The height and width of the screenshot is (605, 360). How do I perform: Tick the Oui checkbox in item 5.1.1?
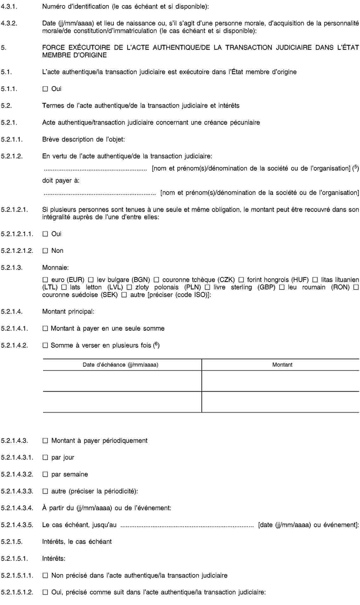coord(45,89)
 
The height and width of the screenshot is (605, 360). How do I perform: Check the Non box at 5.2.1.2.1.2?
coord(45,251)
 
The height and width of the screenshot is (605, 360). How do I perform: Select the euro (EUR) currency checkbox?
coord(45,280)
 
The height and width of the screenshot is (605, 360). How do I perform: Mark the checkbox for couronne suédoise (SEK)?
coord(356,287)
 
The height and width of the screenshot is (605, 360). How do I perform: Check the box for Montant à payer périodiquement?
coord(45,441)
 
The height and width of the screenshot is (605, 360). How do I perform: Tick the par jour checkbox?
coord(45,457)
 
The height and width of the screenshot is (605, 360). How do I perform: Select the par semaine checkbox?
coord(45,474)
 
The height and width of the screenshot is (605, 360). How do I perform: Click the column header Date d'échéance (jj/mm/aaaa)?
coord(121,365)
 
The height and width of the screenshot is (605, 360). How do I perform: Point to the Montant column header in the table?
coord(282,365)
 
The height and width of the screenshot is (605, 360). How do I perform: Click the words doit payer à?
coord(61,180)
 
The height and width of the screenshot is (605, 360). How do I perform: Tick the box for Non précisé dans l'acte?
coord(45,576)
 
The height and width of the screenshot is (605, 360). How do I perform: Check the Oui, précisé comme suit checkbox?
coord(45,592)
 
